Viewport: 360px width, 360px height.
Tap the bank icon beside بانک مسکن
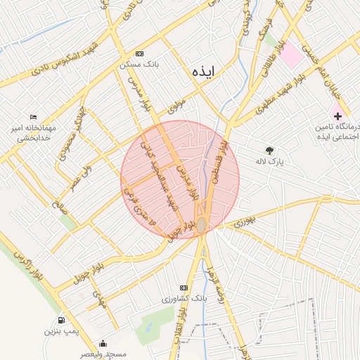pyautogui.click(x=139, y=53)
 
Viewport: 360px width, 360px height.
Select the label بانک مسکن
pyautogui.click(x=139, y=64)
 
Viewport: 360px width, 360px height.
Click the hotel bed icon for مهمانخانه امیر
pyautogui.click(x=33, y=117)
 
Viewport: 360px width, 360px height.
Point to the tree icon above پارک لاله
pyautogui.click(x=269, y=150)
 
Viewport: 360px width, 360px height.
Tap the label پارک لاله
pyautogui.click(x=269, y=161)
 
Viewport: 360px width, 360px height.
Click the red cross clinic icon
pyautogui.click(x=338, y=115)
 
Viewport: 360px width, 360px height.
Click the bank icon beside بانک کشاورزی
pyautogui.click(x=184, y=288)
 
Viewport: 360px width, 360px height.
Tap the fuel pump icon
pyautogui.click(x=62, y=320)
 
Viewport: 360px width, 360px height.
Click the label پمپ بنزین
pyautogui.click(x=60, y=330)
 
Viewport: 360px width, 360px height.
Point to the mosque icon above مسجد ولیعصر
pyautogui.click(x=103, y=344)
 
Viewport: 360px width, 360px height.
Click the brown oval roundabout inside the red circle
pyautogui.click(x=202, y=224)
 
